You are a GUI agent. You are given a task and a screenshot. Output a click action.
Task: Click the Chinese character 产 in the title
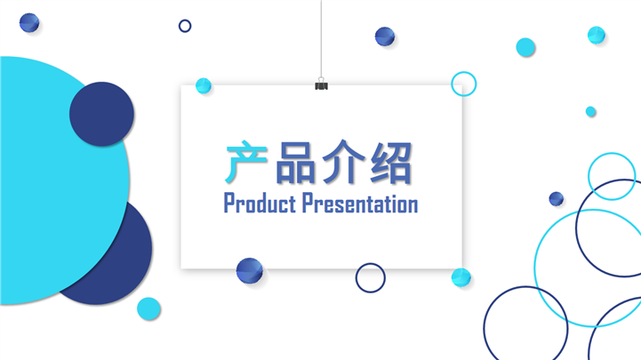(x=246, y=164)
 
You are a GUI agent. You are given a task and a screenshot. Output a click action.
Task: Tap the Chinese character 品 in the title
(x=295, y=164)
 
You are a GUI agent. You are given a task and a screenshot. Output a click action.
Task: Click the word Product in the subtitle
(x=259, y=204)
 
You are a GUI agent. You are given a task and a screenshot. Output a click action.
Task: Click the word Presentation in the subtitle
(x=360, y=204)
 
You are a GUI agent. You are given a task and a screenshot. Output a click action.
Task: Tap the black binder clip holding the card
(x=321, y=84)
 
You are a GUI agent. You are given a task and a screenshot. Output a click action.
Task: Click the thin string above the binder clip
(x=321, y=36)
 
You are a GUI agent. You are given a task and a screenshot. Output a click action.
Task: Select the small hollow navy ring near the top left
(x=185, y=26)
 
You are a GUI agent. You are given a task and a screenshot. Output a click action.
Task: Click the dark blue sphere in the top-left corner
(x=29, y=23)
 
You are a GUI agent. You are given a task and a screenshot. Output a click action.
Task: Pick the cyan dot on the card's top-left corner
(x=204, y=85)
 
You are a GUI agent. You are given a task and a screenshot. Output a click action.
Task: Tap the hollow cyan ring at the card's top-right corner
(x=463, y=84)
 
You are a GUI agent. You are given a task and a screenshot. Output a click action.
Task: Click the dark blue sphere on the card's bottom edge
(x=250, y=270)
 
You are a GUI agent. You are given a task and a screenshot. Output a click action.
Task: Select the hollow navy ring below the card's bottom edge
(x=371, y=277)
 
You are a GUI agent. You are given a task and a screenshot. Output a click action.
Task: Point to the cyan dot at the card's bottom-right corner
(x=461, y=277)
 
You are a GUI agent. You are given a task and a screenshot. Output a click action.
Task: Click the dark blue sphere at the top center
(x=385, y=36)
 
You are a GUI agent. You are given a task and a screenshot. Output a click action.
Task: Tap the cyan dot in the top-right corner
(x=597, y=35)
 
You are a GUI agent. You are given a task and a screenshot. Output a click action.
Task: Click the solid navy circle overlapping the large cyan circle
(x=101, y=114)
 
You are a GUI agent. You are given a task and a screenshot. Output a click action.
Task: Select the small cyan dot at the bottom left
(x=148, y=308)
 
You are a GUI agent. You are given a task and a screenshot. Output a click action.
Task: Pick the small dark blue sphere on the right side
(x=556, y=199)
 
